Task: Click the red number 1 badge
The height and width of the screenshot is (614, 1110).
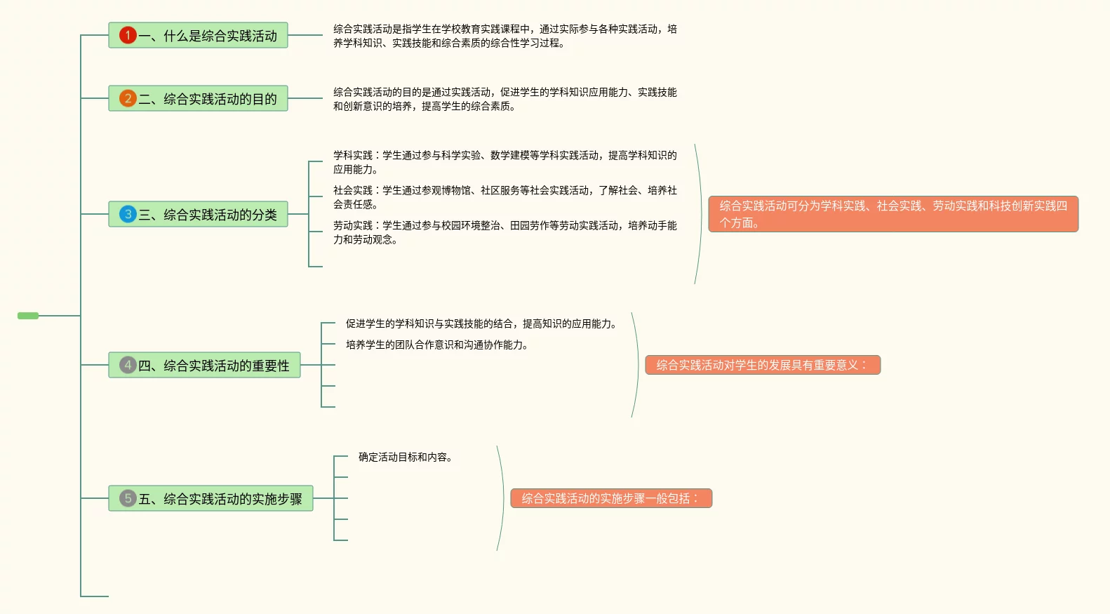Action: point(128,35)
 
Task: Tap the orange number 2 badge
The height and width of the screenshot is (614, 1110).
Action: point(128,98)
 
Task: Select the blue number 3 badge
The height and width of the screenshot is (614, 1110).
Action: point(128,214)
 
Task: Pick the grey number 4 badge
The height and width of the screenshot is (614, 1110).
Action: point(128,365)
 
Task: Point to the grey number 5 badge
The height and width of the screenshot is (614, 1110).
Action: point(128,498)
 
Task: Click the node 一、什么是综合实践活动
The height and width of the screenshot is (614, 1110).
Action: point(208,36)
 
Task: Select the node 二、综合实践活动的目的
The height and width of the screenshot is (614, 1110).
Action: point(208,99)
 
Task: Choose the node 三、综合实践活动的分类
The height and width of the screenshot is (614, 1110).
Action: point(208,215)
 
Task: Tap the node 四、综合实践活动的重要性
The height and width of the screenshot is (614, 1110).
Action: point(213,366)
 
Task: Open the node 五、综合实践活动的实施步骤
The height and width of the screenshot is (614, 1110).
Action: point(220,499)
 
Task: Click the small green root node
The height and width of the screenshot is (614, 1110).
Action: point(28,316)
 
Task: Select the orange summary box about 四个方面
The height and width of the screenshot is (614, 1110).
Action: point(892,214)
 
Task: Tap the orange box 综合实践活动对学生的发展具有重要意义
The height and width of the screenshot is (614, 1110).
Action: point(762,365)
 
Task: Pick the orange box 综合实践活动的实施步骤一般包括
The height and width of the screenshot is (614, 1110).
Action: point(610,498)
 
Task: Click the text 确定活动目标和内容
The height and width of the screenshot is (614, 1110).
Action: point(406,457)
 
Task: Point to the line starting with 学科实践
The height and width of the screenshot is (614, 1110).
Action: point(504,162)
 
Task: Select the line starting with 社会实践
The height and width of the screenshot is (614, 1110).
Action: point(504,197)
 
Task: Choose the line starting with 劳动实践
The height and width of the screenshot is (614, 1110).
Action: point(504,232)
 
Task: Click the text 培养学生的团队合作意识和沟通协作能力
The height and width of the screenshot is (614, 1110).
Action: point(438,345)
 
